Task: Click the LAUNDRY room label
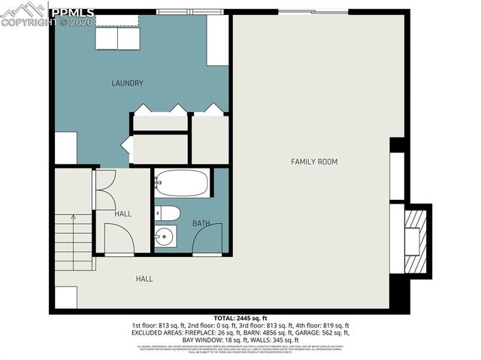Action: (127, 83)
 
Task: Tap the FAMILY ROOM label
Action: (314, 162)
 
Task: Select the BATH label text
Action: (201, 223)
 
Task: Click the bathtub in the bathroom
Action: (183, 183)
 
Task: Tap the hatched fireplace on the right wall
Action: (416, 241)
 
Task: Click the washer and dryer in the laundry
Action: (118, 38)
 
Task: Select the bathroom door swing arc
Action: (208, 239)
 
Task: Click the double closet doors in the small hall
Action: (104, 190)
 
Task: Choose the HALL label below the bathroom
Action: (144, 279)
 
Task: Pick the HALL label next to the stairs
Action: (123, 214)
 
